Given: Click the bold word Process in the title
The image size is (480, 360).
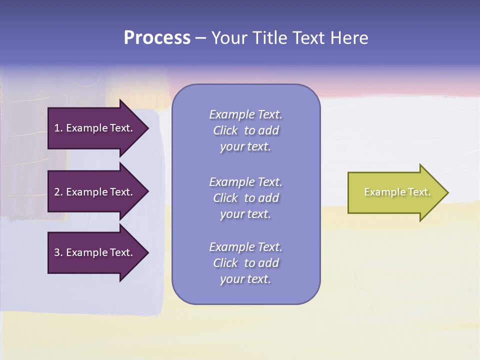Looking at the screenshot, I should [157, 38].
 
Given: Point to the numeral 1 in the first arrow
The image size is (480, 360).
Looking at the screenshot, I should [57, 128].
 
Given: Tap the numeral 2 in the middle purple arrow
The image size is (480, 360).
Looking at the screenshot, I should [57, 192].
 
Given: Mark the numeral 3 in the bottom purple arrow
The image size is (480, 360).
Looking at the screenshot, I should [57, 252].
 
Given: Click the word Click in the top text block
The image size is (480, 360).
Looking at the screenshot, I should [225, 130].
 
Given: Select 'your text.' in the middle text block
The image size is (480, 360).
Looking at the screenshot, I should [245, 214].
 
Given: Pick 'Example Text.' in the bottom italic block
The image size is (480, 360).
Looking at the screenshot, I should [245, 247].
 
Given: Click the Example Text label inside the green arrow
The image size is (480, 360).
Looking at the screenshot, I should [397, 192].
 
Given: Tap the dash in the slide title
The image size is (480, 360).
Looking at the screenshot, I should [201, 38].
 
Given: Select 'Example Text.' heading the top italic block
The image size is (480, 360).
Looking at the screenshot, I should [245, 114].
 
